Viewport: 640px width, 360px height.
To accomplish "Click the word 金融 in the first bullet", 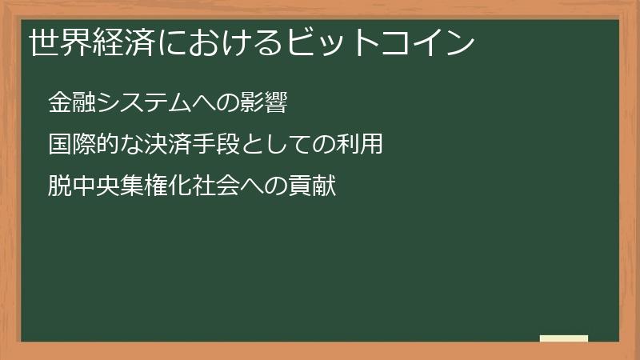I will click(69, 102).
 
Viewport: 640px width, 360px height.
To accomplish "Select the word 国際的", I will click(79, 145).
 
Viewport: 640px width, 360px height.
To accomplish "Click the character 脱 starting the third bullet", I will click(58, 187).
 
